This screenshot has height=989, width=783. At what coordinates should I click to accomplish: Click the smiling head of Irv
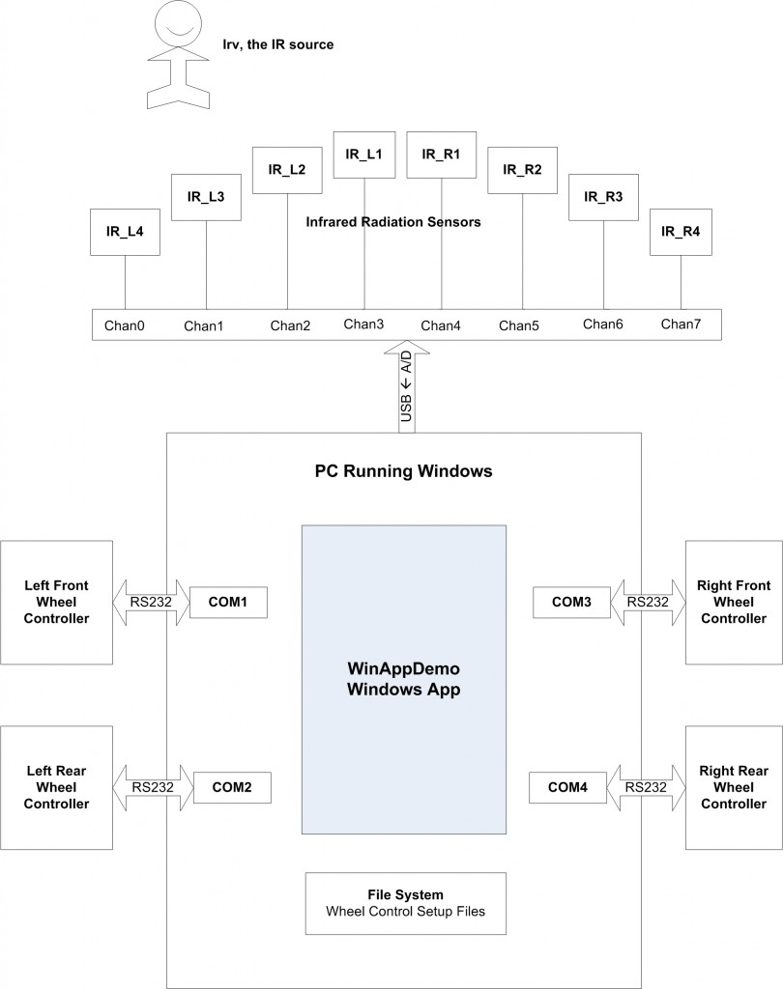click(178, 24)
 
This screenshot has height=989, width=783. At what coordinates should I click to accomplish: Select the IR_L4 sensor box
click(125, 232)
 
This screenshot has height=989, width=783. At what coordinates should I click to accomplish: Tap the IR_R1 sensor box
click(442, 155)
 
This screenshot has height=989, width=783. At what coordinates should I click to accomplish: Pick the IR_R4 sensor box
click(681, 232)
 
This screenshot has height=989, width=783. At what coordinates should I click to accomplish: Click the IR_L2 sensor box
click(287, 170)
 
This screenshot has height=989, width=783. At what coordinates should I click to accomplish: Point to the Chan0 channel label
click(125, 325)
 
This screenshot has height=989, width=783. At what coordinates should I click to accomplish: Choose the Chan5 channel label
click(519, 325)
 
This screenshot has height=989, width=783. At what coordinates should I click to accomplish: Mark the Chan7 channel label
click(681, 325)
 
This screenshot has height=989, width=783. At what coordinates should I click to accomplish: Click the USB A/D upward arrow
click(407, 386)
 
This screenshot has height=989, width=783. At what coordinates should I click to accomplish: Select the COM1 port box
click(228, 603)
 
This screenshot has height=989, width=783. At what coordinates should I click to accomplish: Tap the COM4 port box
click(567, 788)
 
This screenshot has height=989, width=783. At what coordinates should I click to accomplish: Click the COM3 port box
click(571, 603)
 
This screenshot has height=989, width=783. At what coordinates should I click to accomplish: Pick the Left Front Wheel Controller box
click(56, 603)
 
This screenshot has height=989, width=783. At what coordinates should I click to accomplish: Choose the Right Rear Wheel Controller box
click(734, 788)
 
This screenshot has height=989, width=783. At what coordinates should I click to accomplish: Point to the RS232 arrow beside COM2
click(153, 788)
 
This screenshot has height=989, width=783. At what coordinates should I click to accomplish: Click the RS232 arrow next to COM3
click(648, 603)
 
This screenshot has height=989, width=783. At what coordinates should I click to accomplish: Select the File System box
click(406, 903)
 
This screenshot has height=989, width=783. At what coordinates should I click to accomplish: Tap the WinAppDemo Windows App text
click(404, 679)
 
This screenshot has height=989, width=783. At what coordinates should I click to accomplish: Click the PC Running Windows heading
click(403, 471)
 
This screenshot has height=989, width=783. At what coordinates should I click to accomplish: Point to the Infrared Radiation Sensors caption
click(393, 222)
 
